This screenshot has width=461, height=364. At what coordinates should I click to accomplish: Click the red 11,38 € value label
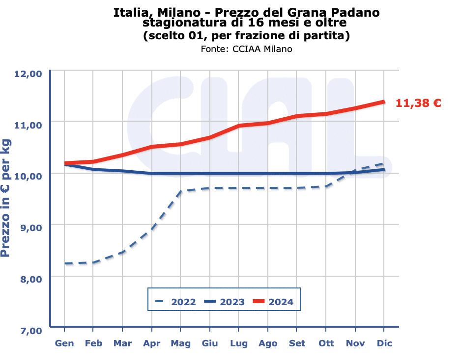point(418,103)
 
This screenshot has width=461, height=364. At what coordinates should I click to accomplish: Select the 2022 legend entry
point(175,302)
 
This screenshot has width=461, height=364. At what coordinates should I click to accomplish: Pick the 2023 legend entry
point(225,302)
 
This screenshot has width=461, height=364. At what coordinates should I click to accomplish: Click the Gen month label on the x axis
point(64,343)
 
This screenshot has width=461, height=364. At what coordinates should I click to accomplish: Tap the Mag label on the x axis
point(181,343)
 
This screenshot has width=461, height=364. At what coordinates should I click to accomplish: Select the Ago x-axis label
point(268,343)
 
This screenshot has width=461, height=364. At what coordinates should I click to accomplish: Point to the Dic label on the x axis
point(384,343)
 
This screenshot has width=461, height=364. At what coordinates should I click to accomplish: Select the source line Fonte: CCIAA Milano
point(246,49)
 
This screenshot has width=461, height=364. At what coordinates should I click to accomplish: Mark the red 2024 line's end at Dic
point(384,102)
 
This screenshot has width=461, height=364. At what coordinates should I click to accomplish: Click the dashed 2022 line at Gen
point(64,263)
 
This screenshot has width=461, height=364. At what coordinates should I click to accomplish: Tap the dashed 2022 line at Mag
point(181,191)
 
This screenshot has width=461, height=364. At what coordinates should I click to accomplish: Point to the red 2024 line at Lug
point(239,126)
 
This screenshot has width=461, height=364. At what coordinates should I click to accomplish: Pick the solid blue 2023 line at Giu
point(210,174)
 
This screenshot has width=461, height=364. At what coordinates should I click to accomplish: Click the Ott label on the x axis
point(326,343)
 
